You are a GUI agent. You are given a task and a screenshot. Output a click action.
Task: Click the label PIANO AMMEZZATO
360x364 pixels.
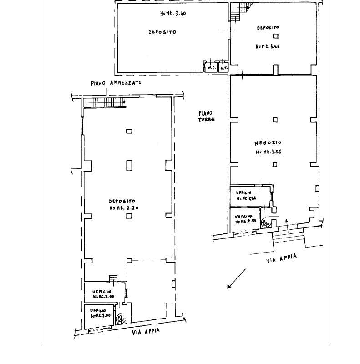(116, 83)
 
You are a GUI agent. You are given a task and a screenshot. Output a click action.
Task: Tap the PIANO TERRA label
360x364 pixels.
(206, 116)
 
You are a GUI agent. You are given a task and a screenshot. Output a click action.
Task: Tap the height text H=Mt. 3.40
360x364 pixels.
(172, 14)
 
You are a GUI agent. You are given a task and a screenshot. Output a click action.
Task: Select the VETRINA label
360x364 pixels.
(243, 217)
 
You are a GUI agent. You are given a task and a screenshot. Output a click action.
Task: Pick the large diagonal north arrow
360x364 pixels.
(236, 279)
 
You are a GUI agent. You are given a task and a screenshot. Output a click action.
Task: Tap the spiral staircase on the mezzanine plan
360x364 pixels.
(121, 319)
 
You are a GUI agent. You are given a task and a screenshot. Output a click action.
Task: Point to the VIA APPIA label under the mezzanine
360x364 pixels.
(146, 332)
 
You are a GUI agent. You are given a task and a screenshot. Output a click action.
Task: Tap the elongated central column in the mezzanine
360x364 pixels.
(129, 165)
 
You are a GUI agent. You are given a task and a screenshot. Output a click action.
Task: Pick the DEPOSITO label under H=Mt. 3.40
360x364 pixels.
(162, 32)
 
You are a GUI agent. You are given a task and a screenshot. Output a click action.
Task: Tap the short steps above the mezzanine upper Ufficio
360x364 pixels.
(113, 278)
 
